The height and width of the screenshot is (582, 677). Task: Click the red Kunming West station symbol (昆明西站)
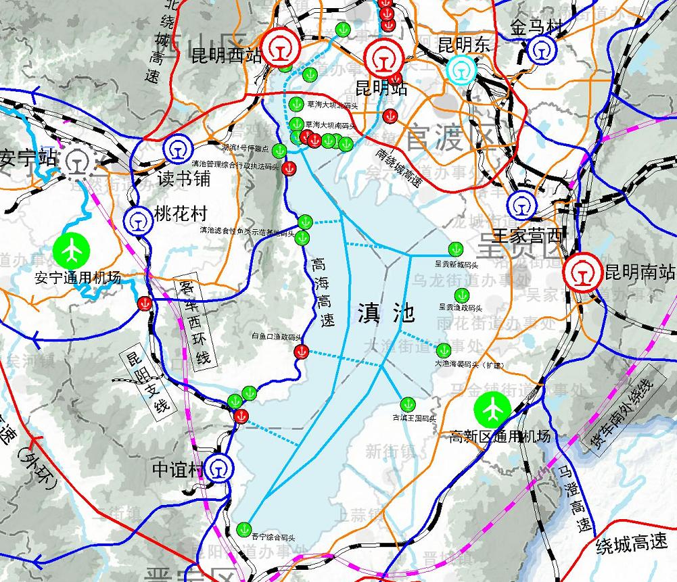279,47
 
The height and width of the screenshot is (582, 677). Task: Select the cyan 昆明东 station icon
461,70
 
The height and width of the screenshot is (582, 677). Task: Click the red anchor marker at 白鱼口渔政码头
303,351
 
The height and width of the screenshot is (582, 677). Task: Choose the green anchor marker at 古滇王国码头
406,404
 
